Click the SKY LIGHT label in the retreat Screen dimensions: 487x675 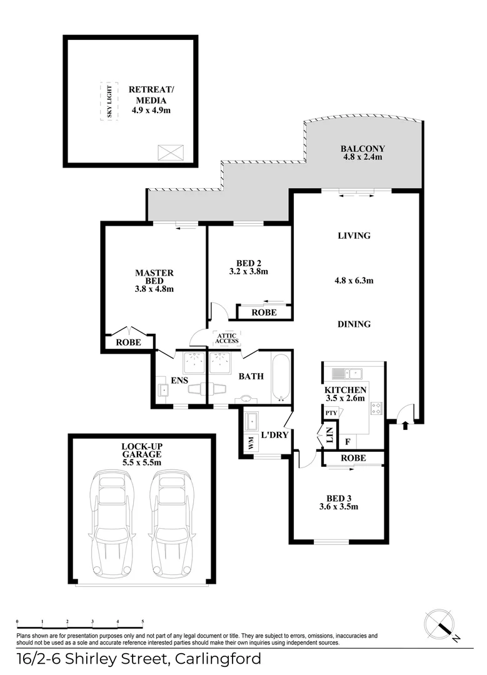(109, 102)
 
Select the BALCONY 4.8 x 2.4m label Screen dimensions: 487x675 (363, 153)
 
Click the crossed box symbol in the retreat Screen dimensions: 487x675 (171, 152)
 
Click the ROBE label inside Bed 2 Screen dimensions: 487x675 (264, 312)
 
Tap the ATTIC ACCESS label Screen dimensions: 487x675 (227, 338)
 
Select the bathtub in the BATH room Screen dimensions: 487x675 (281, 377)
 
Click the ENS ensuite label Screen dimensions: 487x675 (179, 380)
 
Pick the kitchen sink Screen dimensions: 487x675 (346, 373)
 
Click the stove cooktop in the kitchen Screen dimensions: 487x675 (376, 408)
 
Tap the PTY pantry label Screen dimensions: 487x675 (331, 413)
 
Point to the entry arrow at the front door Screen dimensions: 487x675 (404, 426)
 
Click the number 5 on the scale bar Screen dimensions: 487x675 (143, 622)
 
